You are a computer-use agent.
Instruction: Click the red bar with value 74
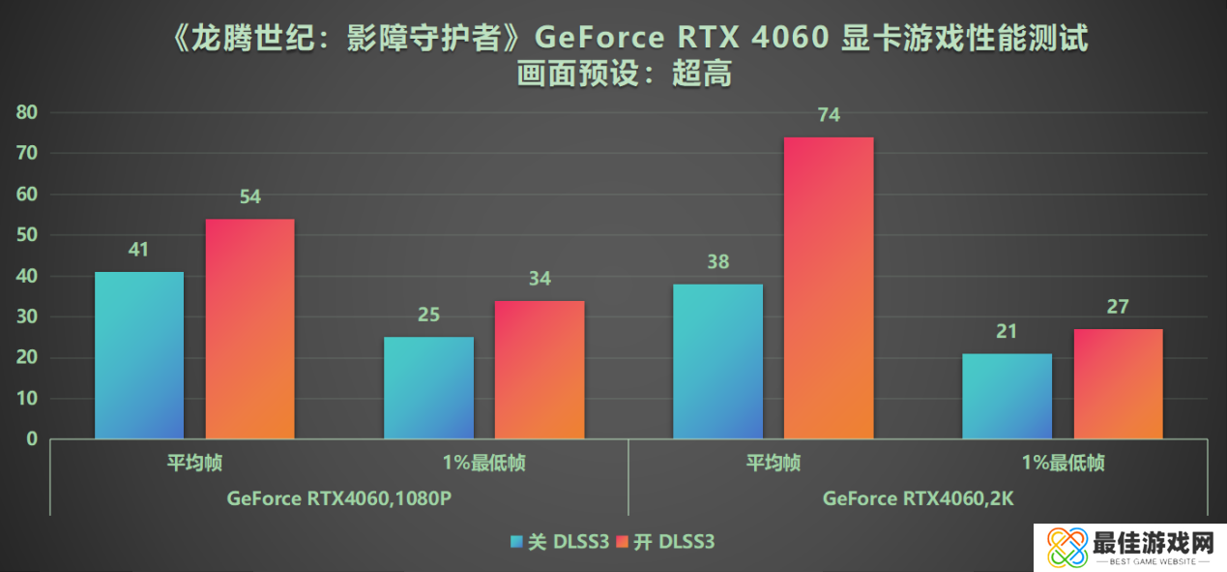(x=829, y=287)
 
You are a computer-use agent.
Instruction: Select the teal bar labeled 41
(x=138, y=355)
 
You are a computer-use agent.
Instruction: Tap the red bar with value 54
(x=249, y=329)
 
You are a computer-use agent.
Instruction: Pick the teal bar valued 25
(x=428, y=387)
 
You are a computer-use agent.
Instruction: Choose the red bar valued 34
(x=540, y=370)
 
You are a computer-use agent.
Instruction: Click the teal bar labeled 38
(x=717, y=361)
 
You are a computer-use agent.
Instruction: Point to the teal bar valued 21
(x=1007, y=396)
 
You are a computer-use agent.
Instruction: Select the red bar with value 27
(x=1118, y=383)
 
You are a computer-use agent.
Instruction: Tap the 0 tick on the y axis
(x=32, y=439)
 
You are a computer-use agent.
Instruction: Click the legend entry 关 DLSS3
(x=560, y=543)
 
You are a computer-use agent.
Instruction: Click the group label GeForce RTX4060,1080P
(x=339, y=499)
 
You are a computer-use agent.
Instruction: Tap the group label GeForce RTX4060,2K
(x=918, y=499)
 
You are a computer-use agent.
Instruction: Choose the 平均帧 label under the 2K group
(x=774, y=464)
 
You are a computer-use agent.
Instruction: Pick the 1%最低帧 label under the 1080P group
(x=483, y=464)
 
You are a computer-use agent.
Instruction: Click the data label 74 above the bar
(x=829, y=115)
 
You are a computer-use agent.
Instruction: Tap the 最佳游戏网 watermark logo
(x=1125, y=548)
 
